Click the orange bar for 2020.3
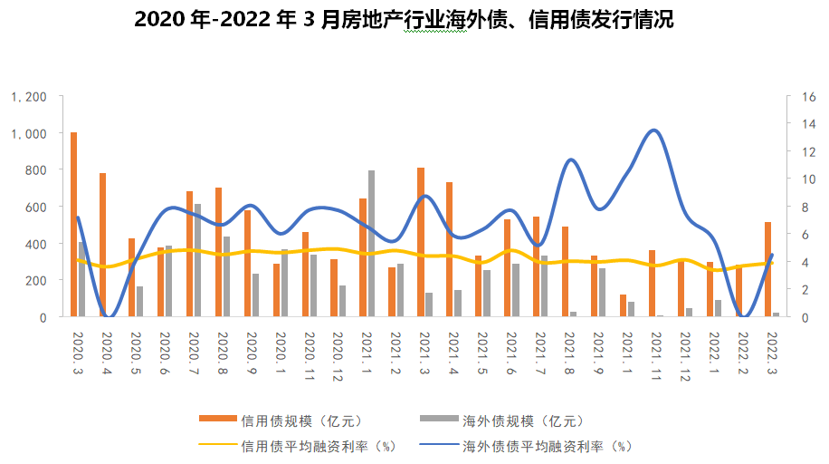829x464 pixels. pos(73,225)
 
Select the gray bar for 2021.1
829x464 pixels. pos(371,244)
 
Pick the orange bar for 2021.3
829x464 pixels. pos(421,242)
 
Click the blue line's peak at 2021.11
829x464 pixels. pos(655,130)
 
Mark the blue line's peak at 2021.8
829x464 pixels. pos(571,160)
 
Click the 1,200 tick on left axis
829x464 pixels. pos(30,96)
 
